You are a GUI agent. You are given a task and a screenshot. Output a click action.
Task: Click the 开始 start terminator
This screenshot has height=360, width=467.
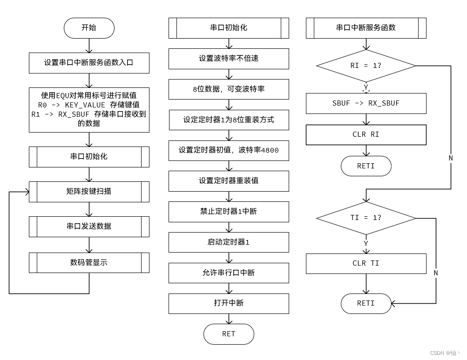pyautogui.click(x=89, y=28)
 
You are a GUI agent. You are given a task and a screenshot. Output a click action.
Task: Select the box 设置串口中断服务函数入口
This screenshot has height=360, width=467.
pyautogui.click(x=89, y=63)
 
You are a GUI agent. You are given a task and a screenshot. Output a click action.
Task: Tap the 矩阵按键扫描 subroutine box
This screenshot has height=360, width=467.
pyautogui.click(x=89, y=192)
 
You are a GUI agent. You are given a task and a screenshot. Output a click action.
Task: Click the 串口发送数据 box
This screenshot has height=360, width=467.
pyautogui.click(x=89, y=227)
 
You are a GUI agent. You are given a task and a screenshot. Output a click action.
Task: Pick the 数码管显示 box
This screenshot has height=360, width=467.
pyautogui.click(x=89, y=263)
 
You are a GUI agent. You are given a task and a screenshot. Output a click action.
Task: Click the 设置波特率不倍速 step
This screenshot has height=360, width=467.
pyautogui.click(x=229, y=59)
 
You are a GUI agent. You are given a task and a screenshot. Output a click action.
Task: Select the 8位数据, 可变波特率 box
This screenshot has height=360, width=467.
pyautogui.click(x=229, y=89)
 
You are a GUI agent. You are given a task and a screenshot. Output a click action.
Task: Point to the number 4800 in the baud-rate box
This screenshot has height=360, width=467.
pyautogui.click(x=270, y=151)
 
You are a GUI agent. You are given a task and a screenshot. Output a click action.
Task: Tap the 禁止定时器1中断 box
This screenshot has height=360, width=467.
pyautogui.click(x=229, y=212)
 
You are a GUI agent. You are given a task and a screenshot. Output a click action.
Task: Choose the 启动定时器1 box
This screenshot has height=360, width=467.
pyautogui.click(x=229, y=242)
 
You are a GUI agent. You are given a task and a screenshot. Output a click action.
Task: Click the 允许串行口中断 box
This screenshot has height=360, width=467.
pyautogui.click(x=229, y=273)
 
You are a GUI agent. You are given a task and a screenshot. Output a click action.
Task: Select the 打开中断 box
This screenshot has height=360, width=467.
pyautogui.click(x=229, y=303)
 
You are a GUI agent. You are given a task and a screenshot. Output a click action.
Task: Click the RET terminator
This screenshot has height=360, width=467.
pyautogui.click(x=229, y=334)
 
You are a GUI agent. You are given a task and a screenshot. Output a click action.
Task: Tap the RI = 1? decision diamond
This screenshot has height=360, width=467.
pyautogui.click(x=366, y=66)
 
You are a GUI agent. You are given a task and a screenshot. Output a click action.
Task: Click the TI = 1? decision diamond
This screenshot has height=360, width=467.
pyautogui.click(x=366, y=218)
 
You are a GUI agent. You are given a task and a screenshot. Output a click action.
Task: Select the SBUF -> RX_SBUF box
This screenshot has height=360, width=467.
pyautogui.click(x=366, y=104)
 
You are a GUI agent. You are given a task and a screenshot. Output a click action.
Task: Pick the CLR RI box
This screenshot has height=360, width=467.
pyautogui.click(x=366, y=135)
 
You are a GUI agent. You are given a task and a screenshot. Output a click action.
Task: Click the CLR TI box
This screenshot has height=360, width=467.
pyautogui.click(x=366, y=264)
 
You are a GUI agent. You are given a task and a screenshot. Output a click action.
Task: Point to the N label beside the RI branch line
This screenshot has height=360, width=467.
pyautogui.click(x=451, y=158)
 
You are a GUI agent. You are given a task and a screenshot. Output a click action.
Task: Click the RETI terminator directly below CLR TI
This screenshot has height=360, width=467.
pyautogui.click(x=366, y=303)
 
